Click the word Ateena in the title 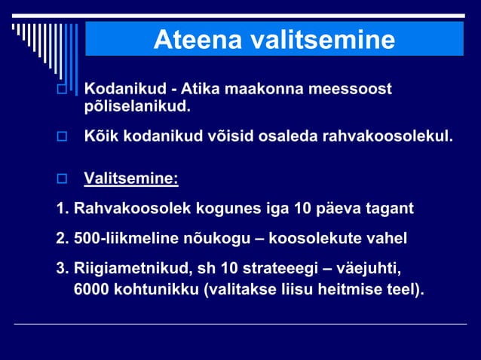[197, 40]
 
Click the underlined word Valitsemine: [131, 179]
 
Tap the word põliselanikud [136, 107]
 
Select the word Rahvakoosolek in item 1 [133, 207]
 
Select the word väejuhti [369, 270]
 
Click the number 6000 [91, 288]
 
